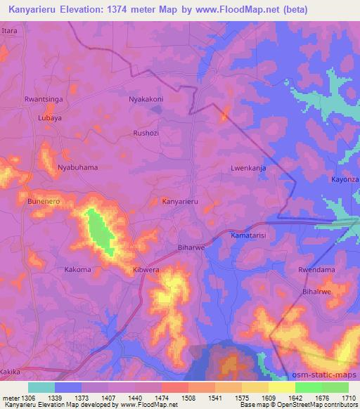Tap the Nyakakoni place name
pos(146,99)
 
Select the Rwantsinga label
pos(44,100)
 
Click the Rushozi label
pos(148,132)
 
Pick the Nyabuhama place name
pos(77,167)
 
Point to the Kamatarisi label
pos(252,238)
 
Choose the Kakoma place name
pos(78,269)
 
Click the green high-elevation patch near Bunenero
pos(100,233)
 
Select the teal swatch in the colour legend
pos(41,387)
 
